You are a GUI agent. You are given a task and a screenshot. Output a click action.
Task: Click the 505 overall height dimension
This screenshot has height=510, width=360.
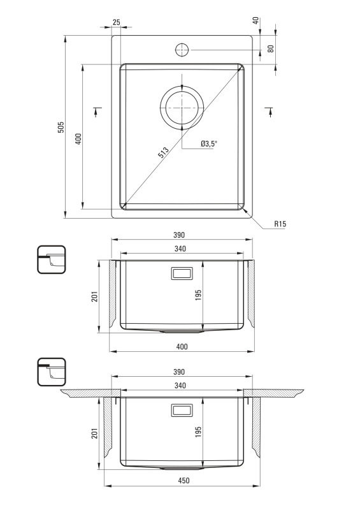click(x=61, y=127)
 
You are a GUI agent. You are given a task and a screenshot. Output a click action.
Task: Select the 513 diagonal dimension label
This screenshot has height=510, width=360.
click(x=164, y=152)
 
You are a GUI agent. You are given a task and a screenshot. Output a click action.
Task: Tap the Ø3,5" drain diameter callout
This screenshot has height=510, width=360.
click(x=208, y=143)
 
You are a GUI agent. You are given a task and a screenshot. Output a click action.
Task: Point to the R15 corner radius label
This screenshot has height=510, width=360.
click(x=280, y=224)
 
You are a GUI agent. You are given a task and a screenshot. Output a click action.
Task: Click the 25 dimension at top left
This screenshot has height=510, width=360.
click(x=116, y=22)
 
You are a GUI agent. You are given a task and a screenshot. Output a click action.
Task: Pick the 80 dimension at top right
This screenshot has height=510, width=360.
click(x=271, y=48)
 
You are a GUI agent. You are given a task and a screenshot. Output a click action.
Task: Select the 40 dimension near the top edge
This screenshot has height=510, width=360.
click(x=256, y=20)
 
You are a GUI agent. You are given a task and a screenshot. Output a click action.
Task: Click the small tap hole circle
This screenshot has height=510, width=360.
click(x=182, y=50)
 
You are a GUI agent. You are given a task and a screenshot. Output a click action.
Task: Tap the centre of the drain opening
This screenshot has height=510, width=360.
click(x=182, y=107)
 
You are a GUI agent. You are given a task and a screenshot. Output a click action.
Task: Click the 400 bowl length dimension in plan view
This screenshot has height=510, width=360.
click(x=78, y=138)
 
